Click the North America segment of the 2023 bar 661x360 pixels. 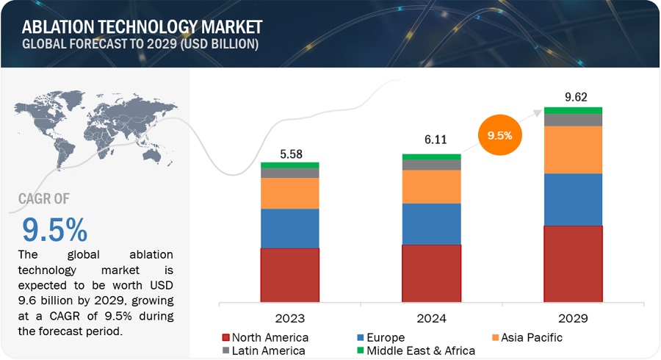[289, 276]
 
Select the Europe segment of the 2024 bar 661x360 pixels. [431, 224]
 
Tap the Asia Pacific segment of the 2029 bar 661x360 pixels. [573, 150]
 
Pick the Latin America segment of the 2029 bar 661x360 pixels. [573, 120]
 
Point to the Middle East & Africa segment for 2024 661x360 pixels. [431, 156]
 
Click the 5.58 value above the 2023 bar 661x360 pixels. [289, 152]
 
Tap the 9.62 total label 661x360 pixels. [573, 96]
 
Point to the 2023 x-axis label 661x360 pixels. [289, 318]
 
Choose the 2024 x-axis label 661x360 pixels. [431, 318]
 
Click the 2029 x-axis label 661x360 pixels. [573, 318]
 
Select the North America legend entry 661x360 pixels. [265, 337]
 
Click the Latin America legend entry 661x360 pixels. [265, 350]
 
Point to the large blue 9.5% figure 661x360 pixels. [55, 230]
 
